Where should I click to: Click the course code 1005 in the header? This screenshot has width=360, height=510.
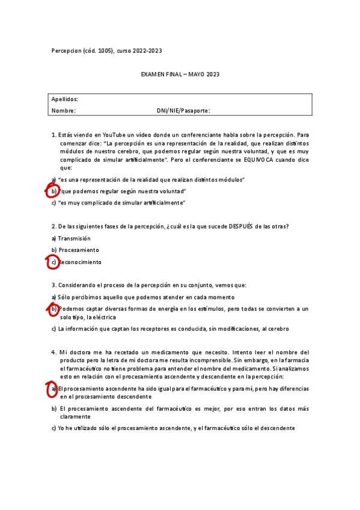tap(98, 51)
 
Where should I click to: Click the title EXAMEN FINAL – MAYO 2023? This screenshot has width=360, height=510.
tap(180, 75)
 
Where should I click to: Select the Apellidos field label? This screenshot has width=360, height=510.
tap(64, 99)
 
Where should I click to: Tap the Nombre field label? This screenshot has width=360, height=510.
tap(63, 111)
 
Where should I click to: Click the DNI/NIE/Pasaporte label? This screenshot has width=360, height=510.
tap(183, 111)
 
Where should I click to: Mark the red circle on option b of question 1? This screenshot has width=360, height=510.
tap(53, 191)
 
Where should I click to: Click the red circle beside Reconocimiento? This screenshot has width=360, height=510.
tap(53, 262)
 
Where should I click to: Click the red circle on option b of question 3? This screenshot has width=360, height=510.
tap(53, 309)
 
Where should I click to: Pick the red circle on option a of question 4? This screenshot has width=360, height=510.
tap(52, 389)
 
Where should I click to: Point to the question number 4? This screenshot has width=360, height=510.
tap(53, 352)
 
